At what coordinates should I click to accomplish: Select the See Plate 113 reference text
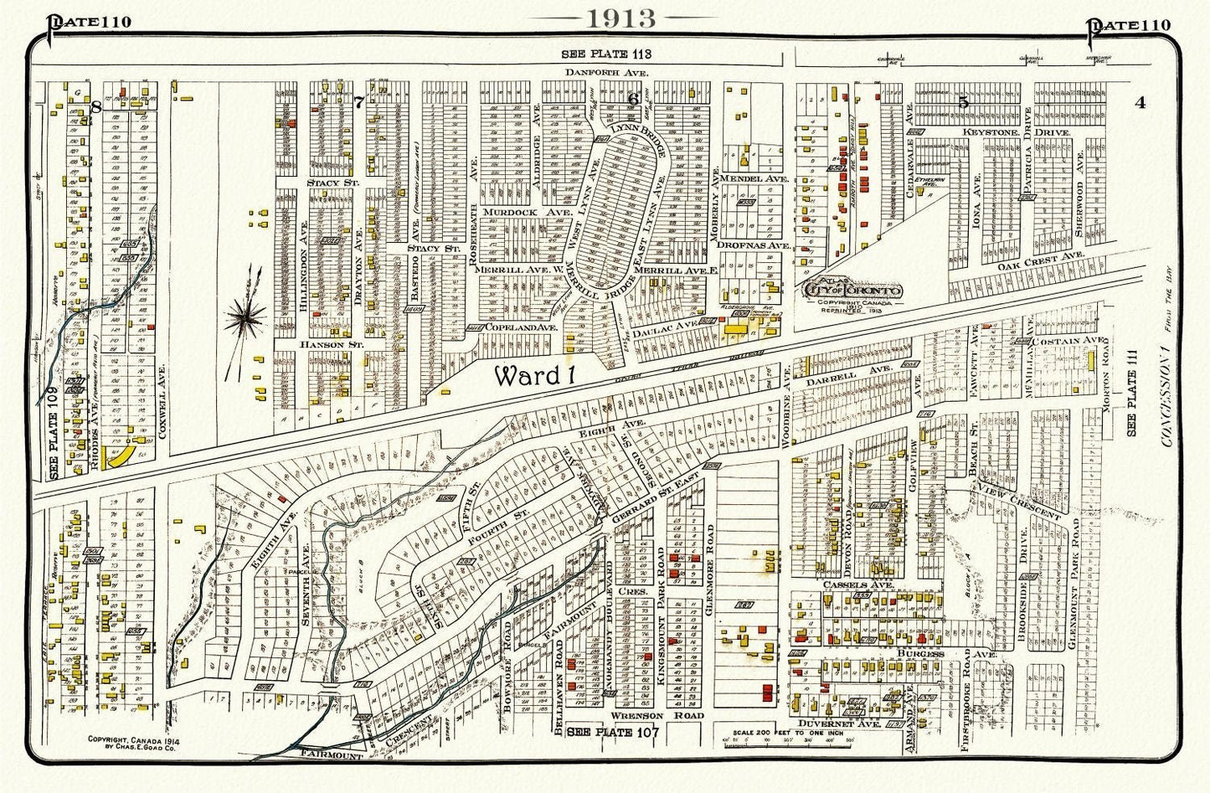click(x=606, y=54)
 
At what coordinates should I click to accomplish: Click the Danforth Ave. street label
click(x=595, y=74)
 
